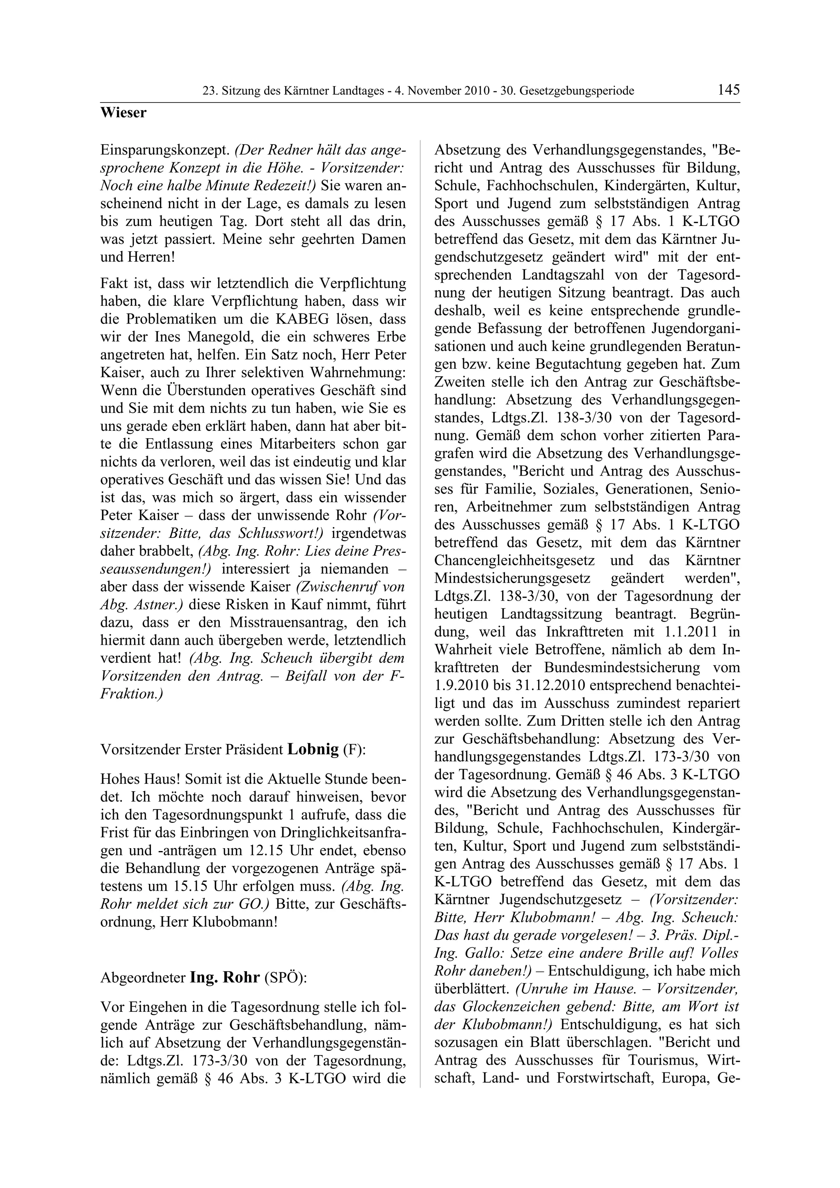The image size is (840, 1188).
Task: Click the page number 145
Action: [728, 90]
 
